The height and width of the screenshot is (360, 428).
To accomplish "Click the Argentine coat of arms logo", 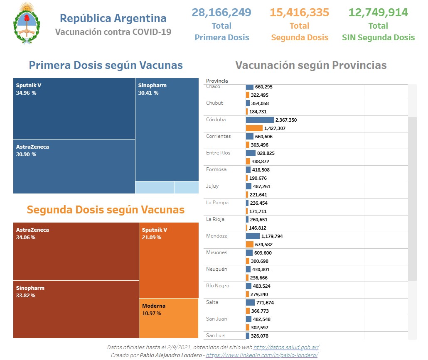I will (x=27, y=24).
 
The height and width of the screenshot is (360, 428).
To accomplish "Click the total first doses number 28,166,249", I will (x=221, y=12).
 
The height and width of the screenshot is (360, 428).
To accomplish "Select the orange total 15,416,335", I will (x=299, y=12).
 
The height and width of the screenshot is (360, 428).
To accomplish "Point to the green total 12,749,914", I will (x=378, y=12).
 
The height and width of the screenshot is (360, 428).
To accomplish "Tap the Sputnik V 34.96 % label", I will (x=29, y=89).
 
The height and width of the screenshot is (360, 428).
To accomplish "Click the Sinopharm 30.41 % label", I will (x=152, y=89).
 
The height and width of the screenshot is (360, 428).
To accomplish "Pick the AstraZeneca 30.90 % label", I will (x=32, y=150).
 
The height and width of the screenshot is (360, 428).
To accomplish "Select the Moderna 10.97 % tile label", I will (x=153, y=309).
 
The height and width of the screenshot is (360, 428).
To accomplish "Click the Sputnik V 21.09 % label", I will (x=155, y=233).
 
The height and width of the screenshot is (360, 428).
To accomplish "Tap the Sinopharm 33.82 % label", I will (x=30, y=291).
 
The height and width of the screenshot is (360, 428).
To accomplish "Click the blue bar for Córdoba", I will (x=259, y=120).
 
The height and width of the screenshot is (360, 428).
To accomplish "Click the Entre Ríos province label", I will (x=218, y=153).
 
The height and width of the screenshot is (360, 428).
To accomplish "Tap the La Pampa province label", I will (x=217, y=203).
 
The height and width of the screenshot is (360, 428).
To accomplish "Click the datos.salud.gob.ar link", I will (x=286, y=348).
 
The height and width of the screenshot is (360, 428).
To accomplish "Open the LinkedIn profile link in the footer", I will (x=262, y=355).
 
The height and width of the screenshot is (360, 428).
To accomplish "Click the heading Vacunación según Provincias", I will (x=311, y=65).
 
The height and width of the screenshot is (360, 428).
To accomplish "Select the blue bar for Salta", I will (x=250, y=303).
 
